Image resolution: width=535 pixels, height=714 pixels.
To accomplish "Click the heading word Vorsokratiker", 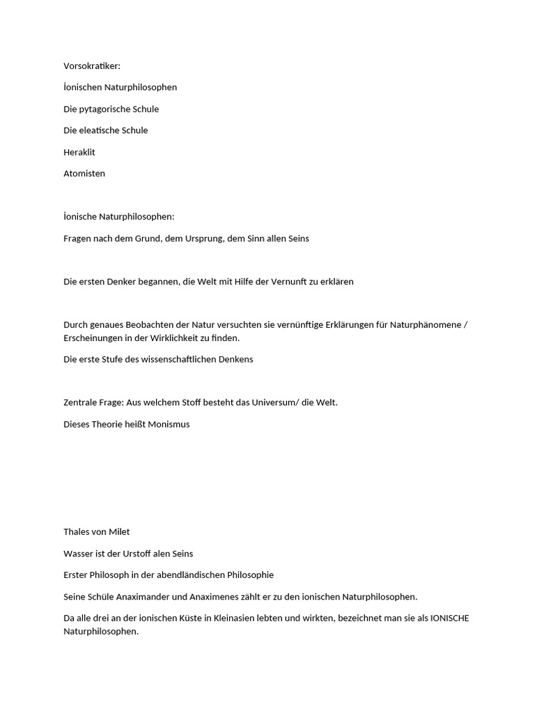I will click(91, 66).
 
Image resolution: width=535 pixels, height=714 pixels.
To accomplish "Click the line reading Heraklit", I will click(79, 152).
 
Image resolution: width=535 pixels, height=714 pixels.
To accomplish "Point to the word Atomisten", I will click(84, 174).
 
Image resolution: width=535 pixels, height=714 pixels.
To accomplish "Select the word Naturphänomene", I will click(425, 325).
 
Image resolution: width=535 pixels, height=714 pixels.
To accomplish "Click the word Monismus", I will click(167, 424).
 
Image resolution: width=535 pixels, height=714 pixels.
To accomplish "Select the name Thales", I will click(77, 532).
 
